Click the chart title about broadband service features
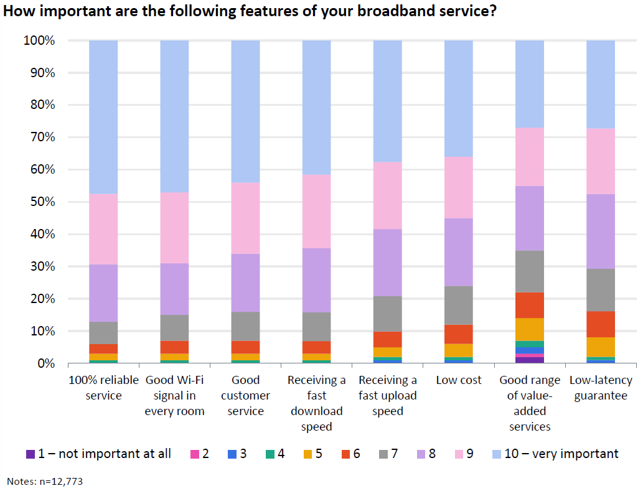[x=250, y=12]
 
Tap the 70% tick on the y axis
[x=42, y=138]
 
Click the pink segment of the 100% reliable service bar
[x=103, y=229]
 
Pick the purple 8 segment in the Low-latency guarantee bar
[x=601, y=231]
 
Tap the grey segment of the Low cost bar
[x=459, y=306]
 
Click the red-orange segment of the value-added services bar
[x=530, y=306]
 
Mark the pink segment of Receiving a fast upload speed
[x=387, y=195]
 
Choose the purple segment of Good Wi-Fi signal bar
[x=174, y=289]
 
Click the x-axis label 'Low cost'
[x=459, y=380]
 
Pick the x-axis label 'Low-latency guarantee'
[x=601, y=388]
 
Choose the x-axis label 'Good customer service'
[x=245, y=396]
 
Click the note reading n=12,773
[x=44, y=481]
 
